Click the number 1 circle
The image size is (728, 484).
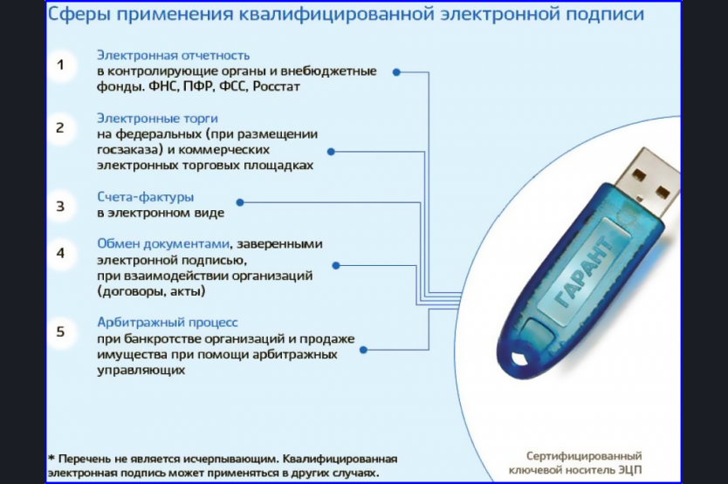point(61,65)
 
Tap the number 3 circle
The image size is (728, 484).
point(61,206)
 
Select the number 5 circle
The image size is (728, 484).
point(61,331)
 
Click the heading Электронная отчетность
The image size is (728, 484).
point(173,56)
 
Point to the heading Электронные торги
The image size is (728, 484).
point(157,119)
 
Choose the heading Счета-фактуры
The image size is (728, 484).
point(145,197)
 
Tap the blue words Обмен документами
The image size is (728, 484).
point(163,244)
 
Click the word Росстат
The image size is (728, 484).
point(276,87)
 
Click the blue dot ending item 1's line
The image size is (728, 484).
point(396,72)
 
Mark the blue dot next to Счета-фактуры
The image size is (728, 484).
point(240,202)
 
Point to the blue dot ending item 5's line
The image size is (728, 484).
point(363,350)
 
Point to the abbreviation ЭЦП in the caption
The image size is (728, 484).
point(629,470)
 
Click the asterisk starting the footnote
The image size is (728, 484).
point(52,458)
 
